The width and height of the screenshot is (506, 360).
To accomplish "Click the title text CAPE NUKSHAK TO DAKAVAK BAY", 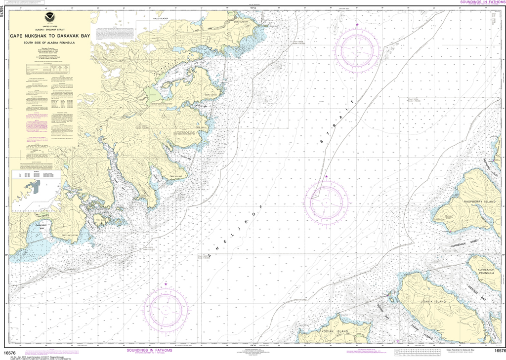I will pos(50,36).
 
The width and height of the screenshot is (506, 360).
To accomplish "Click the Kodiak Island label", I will pos(335,331).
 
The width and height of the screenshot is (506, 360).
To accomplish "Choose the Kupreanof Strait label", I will pos(465,243).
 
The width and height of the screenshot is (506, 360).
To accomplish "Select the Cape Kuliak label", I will pos(176,176).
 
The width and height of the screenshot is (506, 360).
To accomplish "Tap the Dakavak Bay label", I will pos(46,228).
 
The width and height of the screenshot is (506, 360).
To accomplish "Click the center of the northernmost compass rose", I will pos(357,49).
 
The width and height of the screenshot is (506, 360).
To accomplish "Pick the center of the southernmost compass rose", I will pos(166,309).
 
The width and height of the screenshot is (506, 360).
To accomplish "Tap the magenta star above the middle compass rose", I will pos(326,176).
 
